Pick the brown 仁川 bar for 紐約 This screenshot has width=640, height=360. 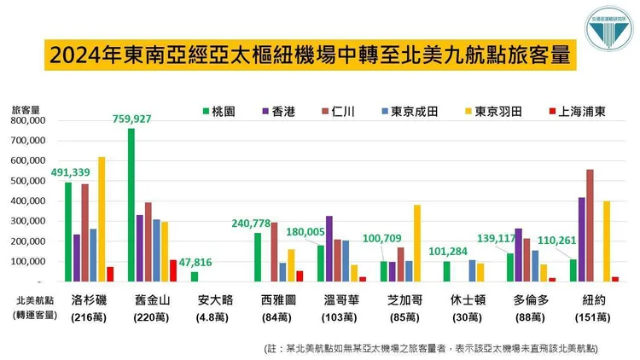coord(590,225)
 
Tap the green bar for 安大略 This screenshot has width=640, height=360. coord(194,276)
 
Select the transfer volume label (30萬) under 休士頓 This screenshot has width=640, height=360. coord(470,317)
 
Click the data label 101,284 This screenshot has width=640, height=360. coord(445,252)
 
